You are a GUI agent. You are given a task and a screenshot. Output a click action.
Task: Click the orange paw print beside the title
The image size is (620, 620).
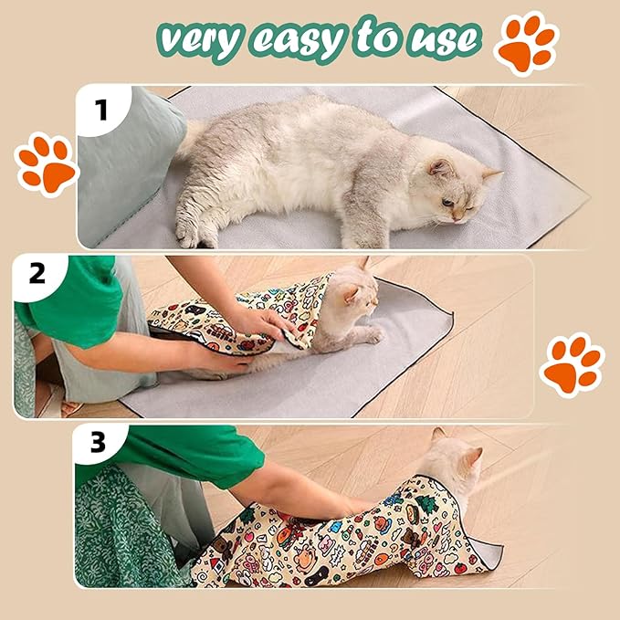click(x=526, y=43)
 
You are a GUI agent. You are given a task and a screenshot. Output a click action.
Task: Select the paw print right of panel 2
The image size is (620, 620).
click(x=572, y=363)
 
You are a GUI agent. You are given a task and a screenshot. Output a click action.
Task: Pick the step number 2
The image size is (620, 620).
click(x=37, y=273)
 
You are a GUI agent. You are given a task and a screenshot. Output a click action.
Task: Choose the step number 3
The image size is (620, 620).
click(x=97, y=443)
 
